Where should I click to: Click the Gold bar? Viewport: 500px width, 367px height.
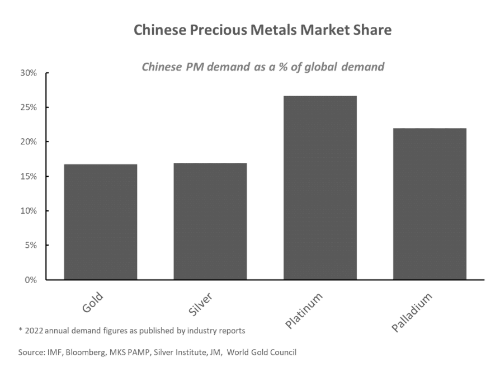pos(101,222)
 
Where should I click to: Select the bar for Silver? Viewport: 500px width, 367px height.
pos(210,221)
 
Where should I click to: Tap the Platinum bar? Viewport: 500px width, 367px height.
pos(320,187)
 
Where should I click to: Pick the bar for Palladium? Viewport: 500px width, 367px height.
pos(430,204)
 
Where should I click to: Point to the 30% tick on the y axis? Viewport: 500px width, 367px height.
pos(29,73)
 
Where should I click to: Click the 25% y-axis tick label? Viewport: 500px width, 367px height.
pos(29,107)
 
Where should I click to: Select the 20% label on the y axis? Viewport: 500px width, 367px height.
pos(29,142)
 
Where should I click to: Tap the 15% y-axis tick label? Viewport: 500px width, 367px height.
pos(29,176)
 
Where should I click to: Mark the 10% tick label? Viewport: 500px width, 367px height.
pos(29,211)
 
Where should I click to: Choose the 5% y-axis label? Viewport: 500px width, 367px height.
pos(31,245)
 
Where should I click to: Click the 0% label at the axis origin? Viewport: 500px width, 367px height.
pos(31,280)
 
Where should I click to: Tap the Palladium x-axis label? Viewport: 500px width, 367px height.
pos(413,311)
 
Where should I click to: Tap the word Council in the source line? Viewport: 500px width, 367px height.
pos(281,352)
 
